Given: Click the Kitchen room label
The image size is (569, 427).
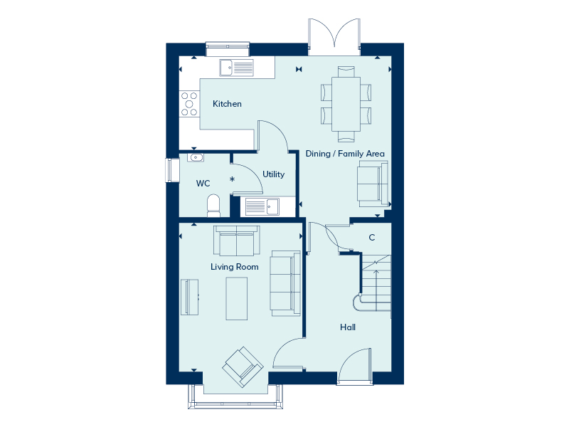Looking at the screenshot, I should [x=227, y=104].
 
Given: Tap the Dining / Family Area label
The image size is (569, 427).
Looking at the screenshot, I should [x=345, y=154].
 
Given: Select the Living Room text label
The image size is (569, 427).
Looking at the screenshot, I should [x=234, y=267].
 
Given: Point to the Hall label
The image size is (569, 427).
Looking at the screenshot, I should [x=348, y=327].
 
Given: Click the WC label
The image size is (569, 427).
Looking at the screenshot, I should [x=203, y=184].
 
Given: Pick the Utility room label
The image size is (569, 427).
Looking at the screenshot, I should [x=273, y=174].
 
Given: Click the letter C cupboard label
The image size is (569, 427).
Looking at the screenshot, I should [x=371, y=238].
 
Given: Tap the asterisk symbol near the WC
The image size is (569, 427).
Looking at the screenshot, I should [x=232, y=180].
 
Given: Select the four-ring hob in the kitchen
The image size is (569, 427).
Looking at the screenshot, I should [x=189, y=103].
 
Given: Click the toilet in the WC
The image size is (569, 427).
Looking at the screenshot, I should [x=213, y=206].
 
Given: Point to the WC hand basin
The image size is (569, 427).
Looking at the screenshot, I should [x=196, y=157].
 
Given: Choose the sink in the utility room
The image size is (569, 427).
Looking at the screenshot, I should [x=262, y=206].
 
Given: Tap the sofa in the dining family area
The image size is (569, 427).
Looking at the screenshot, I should [x=373, y=183].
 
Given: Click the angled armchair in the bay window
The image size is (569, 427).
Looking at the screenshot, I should [x=242, y=367].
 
